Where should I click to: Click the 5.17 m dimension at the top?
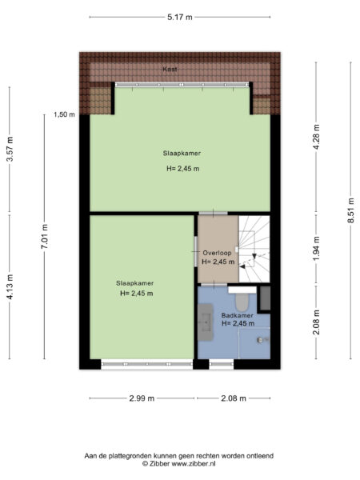coord(179,16)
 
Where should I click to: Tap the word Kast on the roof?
coord(170,70)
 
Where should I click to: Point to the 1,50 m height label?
coord(64,114)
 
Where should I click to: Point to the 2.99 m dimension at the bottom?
coord(142,398)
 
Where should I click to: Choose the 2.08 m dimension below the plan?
coord(233,398)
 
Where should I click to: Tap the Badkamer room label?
coord(238,315)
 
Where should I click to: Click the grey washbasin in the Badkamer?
coord(206,322)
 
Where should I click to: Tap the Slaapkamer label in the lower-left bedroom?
coord(134,283)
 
